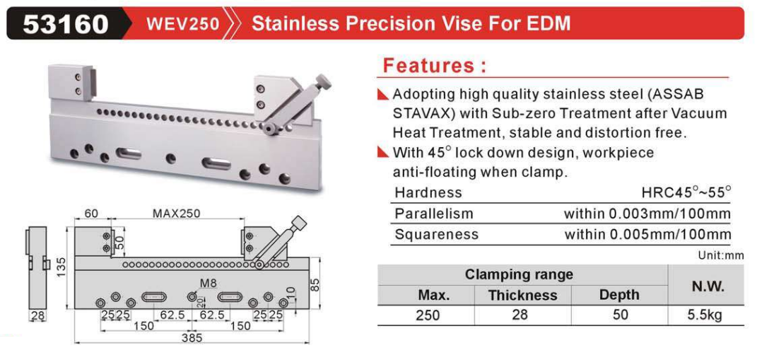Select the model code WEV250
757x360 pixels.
183,23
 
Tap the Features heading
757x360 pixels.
434,65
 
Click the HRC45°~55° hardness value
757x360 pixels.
686,192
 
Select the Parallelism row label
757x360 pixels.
434,214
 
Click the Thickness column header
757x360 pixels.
522,295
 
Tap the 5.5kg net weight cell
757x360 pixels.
707,315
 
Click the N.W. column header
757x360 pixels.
708,286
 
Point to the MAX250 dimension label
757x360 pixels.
176,213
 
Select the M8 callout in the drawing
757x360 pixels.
209,284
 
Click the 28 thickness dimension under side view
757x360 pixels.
37,316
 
